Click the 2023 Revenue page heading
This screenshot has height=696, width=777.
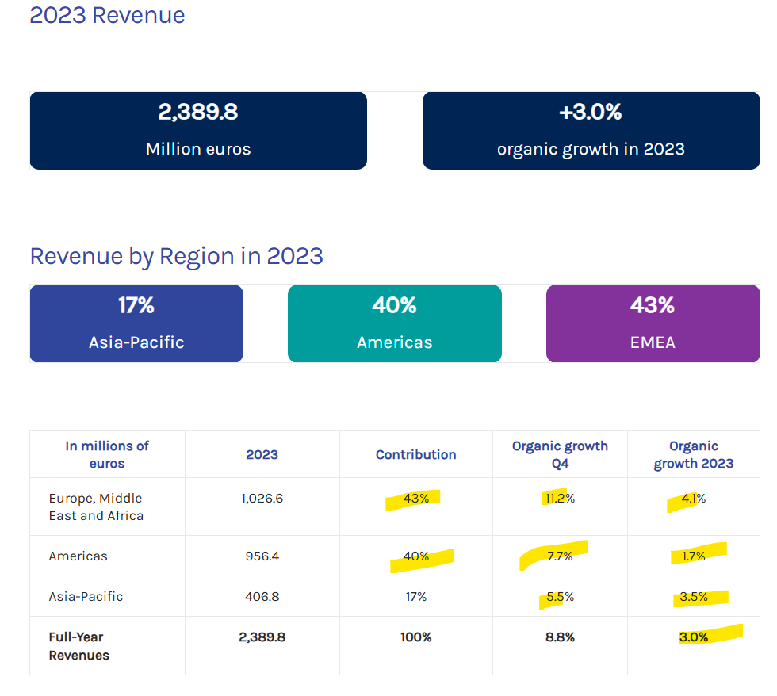pos(107,15)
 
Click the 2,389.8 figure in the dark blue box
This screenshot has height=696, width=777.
pos(198,112)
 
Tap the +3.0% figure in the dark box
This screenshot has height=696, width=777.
pos(591,112)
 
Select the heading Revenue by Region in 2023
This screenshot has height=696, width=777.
pos(176,257)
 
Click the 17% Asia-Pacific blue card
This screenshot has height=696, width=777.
pos(136,323)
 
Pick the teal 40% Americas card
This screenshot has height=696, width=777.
pos(395,323)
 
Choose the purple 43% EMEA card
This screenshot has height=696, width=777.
pos(653,323)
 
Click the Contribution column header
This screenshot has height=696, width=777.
pos(416,455)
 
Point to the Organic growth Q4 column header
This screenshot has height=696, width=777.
pos(560,455)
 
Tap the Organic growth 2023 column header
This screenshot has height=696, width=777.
pos(694,455)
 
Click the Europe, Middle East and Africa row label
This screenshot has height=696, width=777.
pos(96,507)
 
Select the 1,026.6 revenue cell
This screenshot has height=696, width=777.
pos(262,499)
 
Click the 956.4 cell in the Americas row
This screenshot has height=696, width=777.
pos(262,556)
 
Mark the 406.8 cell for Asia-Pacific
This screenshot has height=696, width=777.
pos(262,596)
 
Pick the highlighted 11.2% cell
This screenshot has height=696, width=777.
pos(560,499)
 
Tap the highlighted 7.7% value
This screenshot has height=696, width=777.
pos(560,556)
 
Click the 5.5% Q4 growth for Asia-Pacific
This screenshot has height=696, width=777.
pos(560,596)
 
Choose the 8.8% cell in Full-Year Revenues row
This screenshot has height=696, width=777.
pos(560,637)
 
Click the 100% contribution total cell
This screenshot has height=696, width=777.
pos(416,637)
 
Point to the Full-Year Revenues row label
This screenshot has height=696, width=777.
pos(78,646)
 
